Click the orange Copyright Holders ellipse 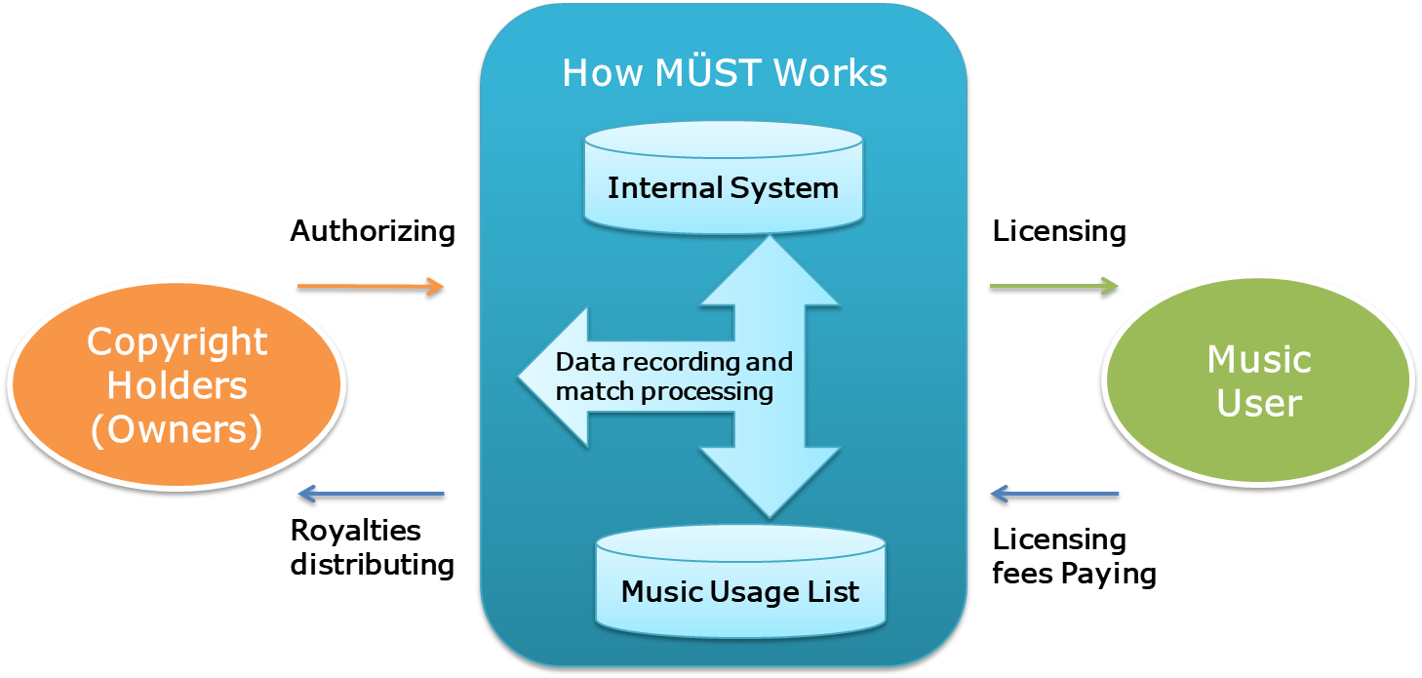[176, 385]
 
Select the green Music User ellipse [1258, 380]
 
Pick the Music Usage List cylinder [740, 580]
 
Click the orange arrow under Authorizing [370, 288]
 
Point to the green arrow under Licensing [1054, 288]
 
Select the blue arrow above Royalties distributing [371, 496]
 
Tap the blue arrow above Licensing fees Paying [1054, 496]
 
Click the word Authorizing [373, 232]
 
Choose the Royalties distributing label [372, 547]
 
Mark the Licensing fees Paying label [1074, 556]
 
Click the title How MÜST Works [725, 73]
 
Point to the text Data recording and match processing [673, 378]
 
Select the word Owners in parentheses [177, 429]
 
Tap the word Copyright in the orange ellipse [177, 342]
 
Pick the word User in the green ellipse [1259, 403]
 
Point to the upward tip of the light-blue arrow [770, 244]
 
